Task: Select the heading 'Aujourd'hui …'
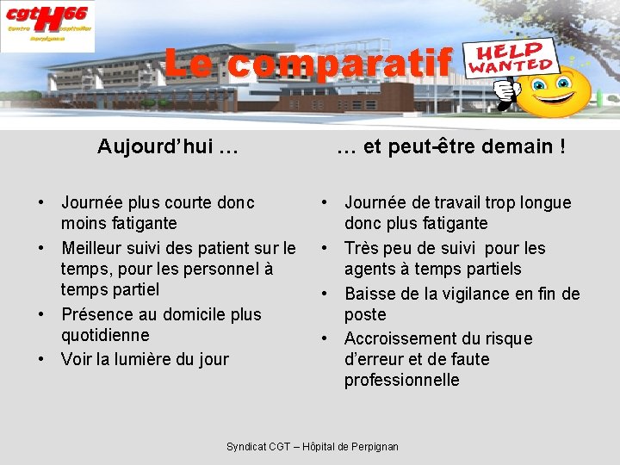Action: tap(168, 146)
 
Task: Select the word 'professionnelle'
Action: tap(402, 380)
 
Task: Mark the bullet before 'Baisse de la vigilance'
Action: tap(325, 294)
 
